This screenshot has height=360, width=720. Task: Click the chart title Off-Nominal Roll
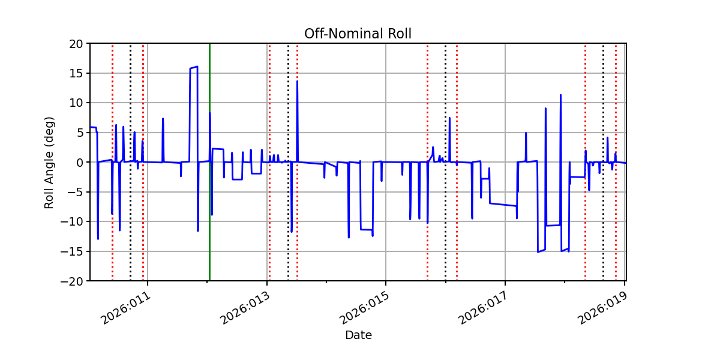[x=358, y=34]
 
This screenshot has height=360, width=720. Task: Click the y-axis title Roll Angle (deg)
[x=49, y=162]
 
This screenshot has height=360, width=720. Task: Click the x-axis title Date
[x=358, y=335]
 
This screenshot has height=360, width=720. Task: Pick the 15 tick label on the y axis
[x=78, y=73]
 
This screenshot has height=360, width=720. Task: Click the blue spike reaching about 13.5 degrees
[x=297, y=82]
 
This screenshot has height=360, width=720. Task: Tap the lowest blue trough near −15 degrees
[x=538, y=251]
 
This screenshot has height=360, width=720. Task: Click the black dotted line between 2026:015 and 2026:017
[x=445, y=240]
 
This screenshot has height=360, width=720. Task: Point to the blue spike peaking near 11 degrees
[x=560, y=95]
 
